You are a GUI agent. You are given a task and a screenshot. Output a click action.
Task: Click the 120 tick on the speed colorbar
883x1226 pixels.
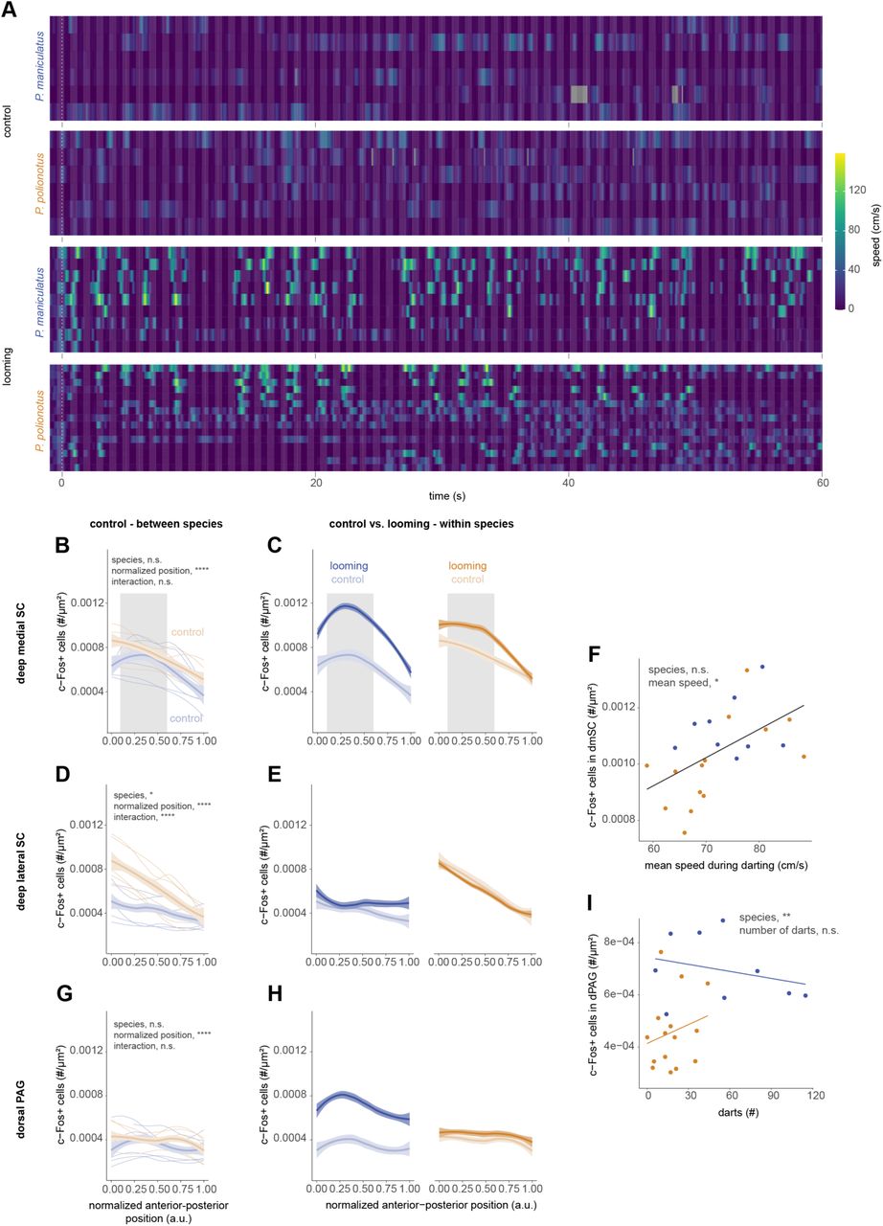(x=858, y=191)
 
